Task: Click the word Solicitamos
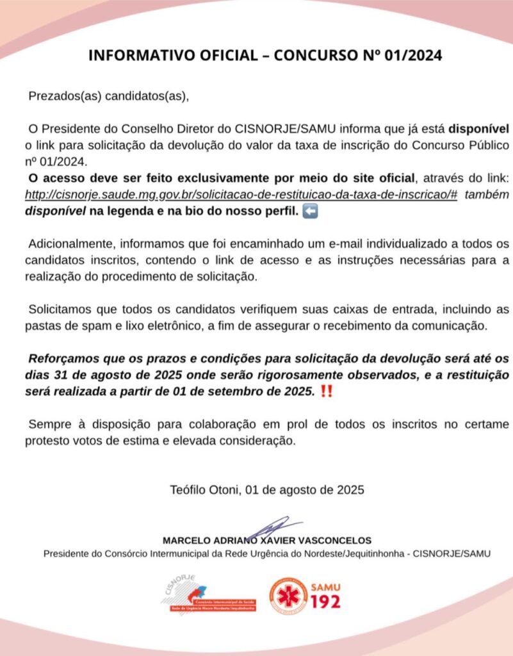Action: (60, 309)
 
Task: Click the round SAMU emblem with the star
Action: (288, 596)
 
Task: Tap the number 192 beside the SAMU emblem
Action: (325, 602)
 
